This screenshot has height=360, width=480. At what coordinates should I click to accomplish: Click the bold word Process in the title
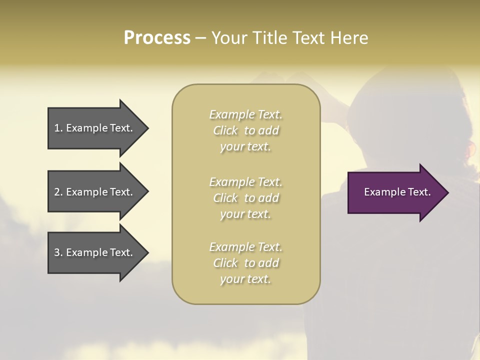[x=157, y=38]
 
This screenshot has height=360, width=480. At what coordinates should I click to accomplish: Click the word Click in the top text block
[x=225, y=131]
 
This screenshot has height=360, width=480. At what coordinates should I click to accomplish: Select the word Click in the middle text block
[x=225, y=198]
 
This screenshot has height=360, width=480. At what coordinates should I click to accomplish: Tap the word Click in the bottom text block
[x=225, y=263]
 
